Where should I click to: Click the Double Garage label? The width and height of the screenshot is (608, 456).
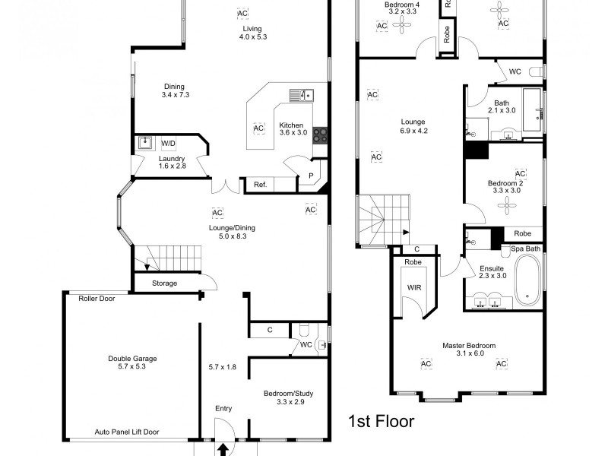click(128, 359)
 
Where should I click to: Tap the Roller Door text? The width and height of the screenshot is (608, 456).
click(97, 299)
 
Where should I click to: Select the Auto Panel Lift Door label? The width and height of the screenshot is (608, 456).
click(127, 432)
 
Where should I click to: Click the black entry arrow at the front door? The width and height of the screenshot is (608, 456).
click(223, 449)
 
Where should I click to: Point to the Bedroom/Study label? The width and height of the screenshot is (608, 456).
click(289, 394)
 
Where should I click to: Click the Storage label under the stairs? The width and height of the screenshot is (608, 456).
click(165, 283)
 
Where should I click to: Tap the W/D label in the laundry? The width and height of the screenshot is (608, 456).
click(168, 143)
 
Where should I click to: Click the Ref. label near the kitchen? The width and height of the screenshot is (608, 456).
click(260, 185)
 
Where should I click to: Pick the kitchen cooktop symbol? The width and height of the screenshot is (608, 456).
click(321, 135)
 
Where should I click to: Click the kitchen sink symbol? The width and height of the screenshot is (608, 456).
click(301, 95)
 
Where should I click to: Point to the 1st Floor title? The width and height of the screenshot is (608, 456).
click(381, 421)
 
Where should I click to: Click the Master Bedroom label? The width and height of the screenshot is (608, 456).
click(469, 346)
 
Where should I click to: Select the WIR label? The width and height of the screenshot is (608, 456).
click(414, 288)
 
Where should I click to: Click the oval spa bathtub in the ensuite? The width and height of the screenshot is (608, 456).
click(528, 279)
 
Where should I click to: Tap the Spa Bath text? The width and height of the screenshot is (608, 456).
click(525, 249)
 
